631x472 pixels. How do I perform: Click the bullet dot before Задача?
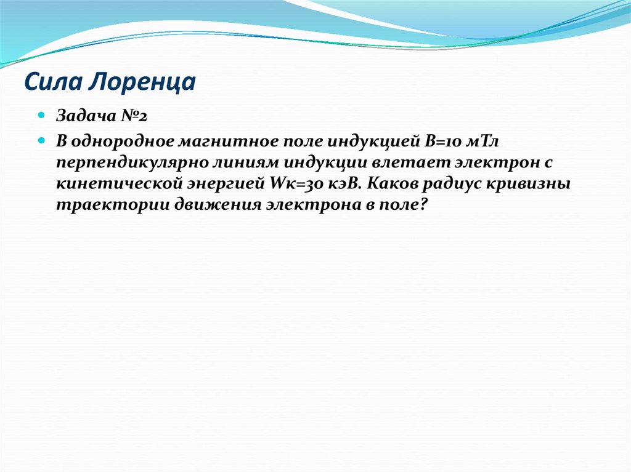click(41, 115)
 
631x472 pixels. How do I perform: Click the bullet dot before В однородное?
click(41, 140)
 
